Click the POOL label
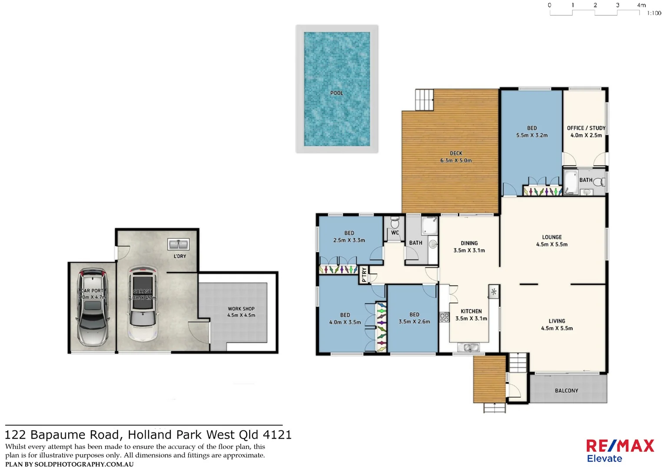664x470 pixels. coord(336,93)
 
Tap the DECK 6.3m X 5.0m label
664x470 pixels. coord(456,157)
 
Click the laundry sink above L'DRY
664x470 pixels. coord(178,244)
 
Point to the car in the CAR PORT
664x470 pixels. coord(92,307)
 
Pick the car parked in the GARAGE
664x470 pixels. coord(143,303)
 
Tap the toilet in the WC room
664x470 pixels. coord(395,223)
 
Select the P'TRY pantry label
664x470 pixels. coord(364,275)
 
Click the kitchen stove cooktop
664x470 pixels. coord(444,317)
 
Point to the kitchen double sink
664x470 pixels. coord(468,347)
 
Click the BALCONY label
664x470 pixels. coord(566,391)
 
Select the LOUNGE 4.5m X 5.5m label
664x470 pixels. coord(551,241)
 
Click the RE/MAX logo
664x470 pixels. coord(620,446)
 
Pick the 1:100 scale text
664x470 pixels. coord(654,13)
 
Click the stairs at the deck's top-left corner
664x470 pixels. coord(424,100)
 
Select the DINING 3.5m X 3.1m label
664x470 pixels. coord(469,247)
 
